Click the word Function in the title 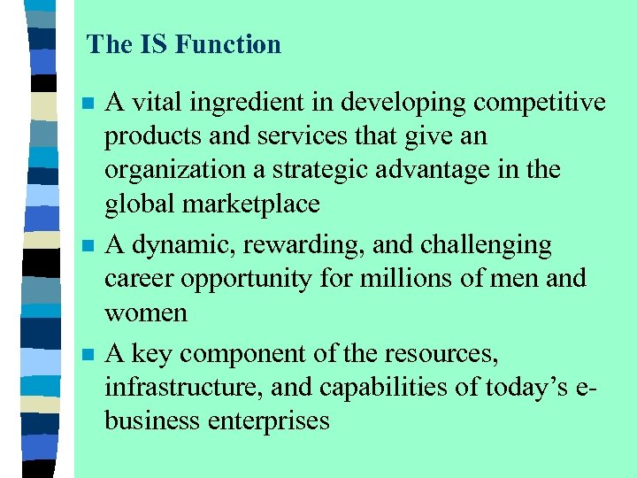pos(234,44)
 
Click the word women pos(146,312)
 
